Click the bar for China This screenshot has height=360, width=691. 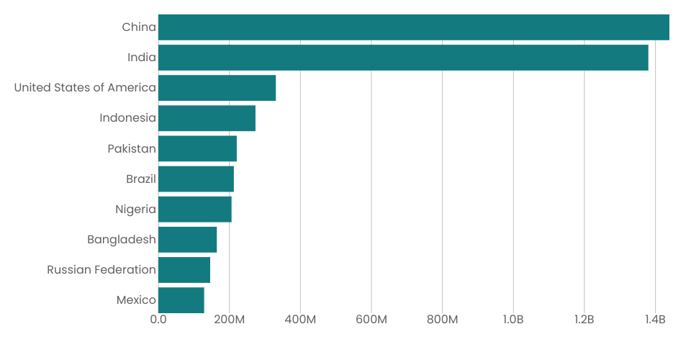coord(414,27)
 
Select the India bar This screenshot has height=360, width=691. coord(403,58)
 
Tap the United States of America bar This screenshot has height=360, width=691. coord(217,88)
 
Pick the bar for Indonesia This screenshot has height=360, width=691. coord(207,118)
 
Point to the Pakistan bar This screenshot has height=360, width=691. coord(197,148)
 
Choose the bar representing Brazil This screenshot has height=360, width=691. coord(196,179)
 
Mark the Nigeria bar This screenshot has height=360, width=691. coord(194,209)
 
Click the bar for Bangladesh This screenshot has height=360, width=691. coord(187,239)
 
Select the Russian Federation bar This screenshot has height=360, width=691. coord(184,269)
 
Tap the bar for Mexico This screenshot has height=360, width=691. coord(181,300)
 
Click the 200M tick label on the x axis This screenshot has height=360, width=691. coord(229,320)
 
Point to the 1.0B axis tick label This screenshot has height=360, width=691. coord(513,320)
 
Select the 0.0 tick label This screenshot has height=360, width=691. coord(158,320)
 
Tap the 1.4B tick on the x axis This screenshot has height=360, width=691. coord(655,320)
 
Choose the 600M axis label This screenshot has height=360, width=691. coord(371,320)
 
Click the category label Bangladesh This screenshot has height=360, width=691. coord(122,239)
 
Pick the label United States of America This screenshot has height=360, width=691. coord(85,88)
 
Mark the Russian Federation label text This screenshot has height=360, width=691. coord(101,269)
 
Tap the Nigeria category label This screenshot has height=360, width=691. coord(135,209)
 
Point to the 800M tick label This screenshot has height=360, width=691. coord(442,320)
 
